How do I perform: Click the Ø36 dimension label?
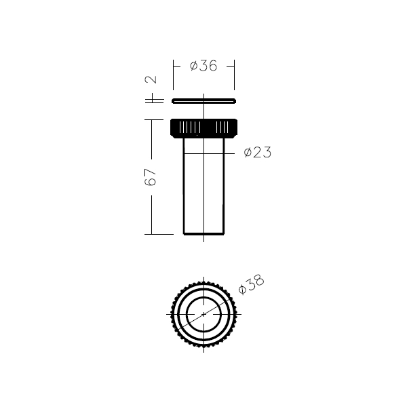tap(203, 66)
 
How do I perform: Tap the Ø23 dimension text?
tap(258, 152)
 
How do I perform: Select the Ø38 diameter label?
tap(251, 284)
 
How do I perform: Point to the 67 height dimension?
tap(151, 177)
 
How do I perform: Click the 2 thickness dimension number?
tap(151, 79)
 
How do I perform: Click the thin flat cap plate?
tap(203, 100)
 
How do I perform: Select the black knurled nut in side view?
tap(203, 128)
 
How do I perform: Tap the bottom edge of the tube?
tap(203, 234)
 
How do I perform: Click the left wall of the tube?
tap(184, 186)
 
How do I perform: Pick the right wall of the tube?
tap(224, 186)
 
